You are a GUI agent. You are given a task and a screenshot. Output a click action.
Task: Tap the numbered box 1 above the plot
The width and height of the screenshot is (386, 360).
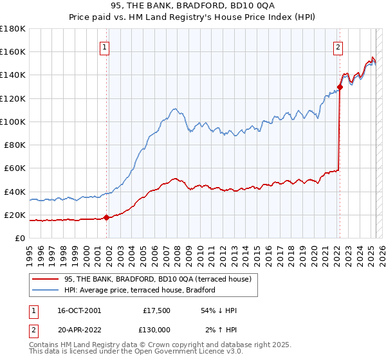click(104, 46)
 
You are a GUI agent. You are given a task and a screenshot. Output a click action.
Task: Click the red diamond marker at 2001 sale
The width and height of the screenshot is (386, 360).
click(107, 218)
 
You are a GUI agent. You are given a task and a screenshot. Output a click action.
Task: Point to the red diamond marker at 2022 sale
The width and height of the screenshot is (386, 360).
click(340, 87)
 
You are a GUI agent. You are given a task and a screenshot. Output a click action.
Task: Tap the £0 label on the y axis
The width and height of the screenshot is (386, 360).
click(21, 238)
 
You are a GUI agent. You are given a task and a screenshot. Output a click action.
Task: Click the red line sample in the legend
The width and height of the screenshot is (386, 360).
click(45, 278)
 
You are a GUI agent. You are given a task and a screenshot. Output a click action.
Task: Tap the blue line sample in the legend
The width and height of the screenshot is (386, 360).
click(45, 290)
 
